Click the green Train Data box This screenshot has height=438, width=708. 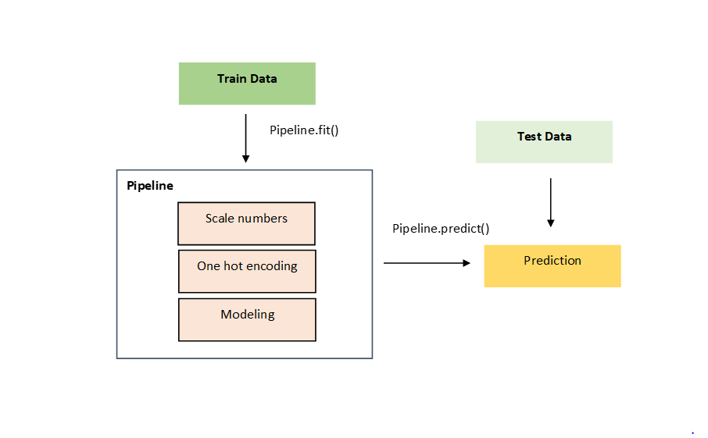pyautogui.click(x=247, y=84)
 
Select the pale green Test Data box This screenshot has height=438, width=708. pyautogui.click(x=544, y=142)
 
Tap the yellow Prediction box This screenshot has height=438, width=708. pyautogui.click(x=552, y=266)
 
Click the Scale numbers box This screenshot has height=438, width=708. pyautogui.click(x=247, y=223)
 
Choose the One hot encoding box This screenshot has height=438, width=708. pyautogui.click(x=247, y=271)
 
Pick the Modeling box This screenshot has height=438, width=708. pyautogui.click(x=247, y=319)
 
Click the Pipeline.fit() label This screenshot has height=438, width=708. pyautogui.click(x=304, y=130)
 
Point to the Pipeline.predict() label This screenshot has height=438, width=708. pyautogui.click(x=441, y=229)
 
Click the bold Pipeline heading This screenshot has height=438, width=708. pyautogui.click(x=150, y=187)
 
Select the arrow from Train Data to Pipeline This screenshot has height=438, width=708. pyautogui.click(x=245, y=138)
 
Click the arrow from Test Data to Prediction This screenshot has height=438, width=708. pyautogui.click(x=551, y=201)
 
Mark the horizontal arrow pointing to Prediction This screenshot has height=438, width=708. pyautogui.click(x=426, y=263)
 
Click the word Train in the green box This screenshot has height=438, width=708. pyautogui.click(x=231, y=79)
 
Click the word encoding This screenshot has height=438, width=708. pyautogui.click(x=271, y=266)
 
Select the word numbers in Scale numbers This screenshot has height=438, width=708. pyautogui.click(x=263, y=219)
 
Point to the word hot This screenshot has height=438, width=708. pyautogui.click(x=233, y=266)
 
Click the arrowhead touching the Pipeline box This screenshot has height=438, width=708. pyautogui.click(x=245, y=158)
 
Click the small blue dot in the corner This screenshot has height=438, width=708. pyautogui.click(x=692, y=432)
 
